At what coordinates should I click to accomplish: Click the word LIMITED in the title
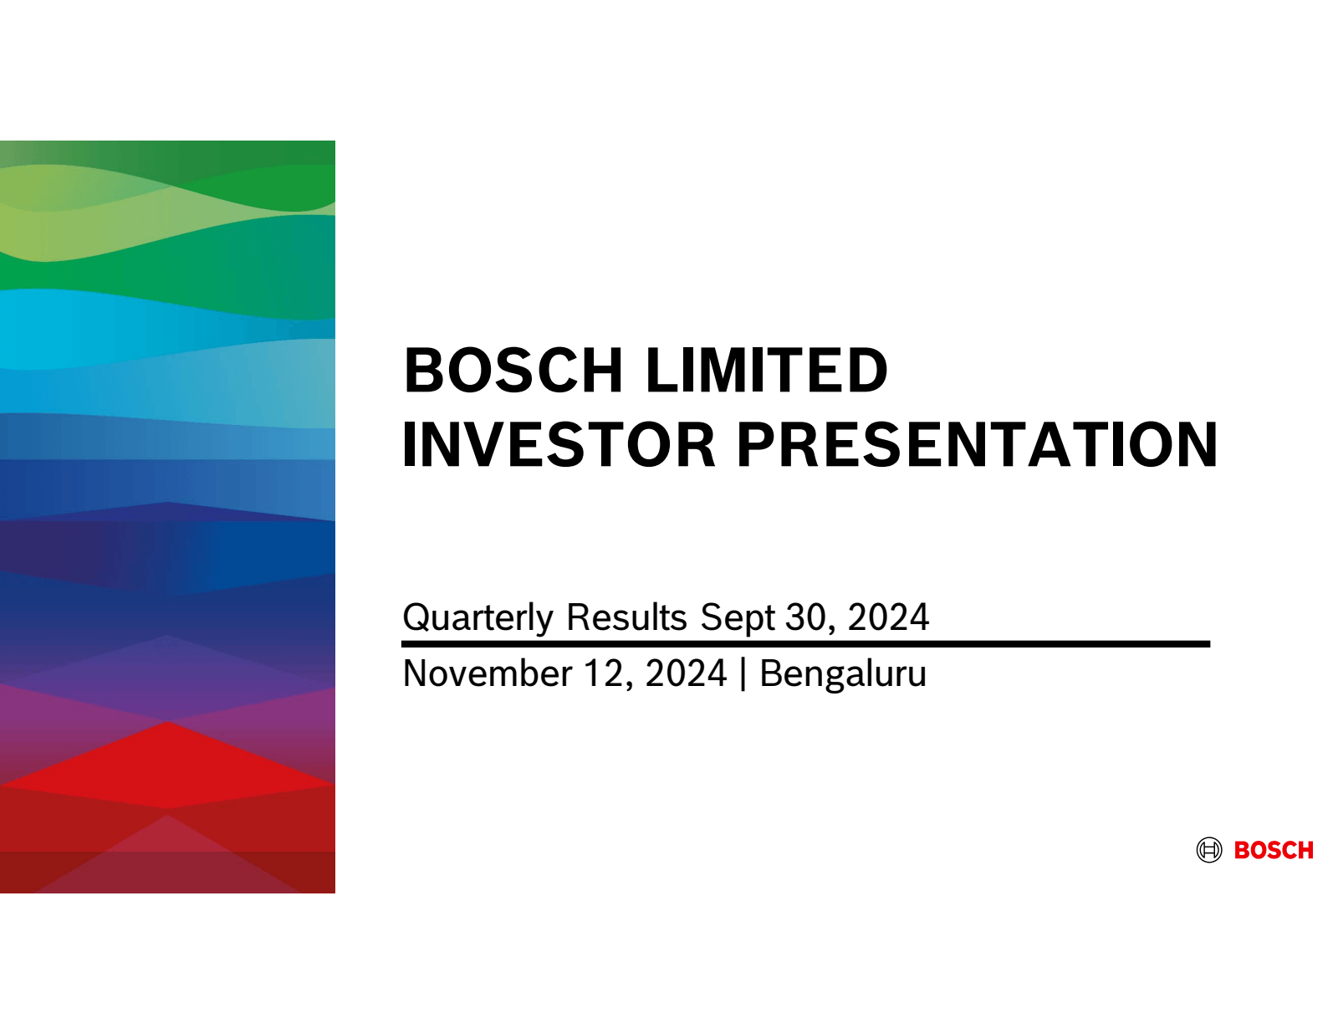click(766, 370)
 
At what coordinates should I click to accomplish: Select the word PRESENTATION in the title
click(977, 444)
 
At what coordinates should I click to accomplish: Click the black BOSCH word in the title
click(513, 370)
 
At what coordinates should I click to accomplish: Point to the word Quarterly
click(477, 617)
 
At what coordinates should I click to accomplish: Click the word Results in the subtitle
click(626, 617)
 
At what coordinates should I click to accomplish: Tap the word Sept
click(737, 617)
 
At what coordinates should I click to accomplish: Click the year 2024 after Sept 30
click(888, 617)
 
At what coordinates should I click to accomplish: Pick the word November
click(487, 673)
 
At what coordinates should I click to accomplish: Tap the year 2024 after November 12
click(686, 673)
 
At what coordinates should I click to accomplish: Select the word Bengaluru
click(843, 673)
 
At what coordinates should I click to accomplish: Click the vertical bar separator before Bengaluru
click(743, 674)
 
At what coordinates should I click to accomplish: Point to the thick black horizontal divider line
click(805, 644)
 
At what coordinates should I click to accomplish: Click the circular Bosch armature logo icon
click(1208, 850)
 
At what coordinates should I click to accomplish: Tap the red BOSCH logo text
click(1274, 851)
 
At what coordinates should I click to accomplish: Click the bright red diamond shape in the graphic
click(167, 765)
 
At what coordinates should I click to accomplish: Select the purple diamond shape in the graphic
click(167, 678)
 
